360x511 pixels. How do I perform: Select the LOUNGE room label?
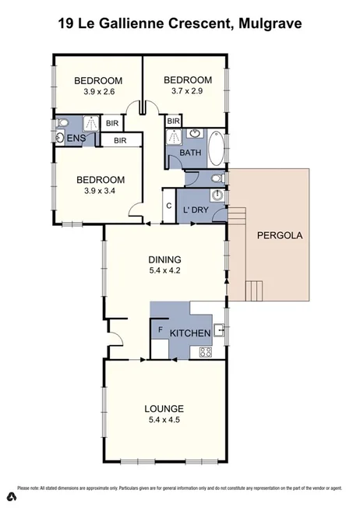(x=164, y=408)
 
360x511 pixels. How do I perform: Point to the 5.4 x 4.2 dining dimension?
(x=164, y=272)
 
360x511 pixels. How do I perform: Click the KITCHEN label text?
(x=189, y=334)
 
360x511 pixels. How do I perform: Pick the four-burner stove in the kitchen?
(x=206, y=352)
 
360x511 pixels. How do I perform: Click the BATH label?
(x=189, y=153)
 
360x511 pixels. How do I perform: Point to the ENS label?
(x=76, y=139)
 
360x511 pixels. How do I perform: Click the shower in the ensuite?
(x=90, y=123)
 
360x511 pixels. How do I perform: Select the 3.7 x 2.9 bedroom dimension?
(x=187, y=92)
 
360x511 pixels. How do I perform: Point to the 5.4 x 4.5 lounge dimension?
(x=164, y=421)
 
